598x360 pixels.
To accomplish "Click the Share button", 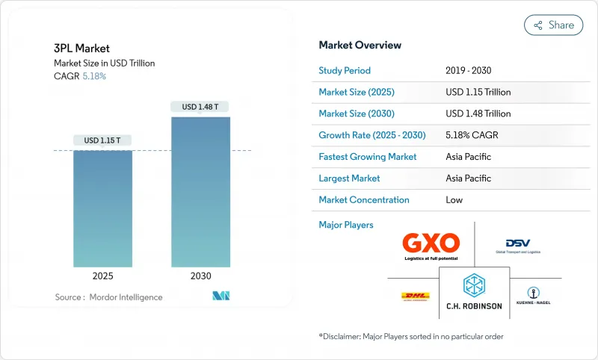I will point(553,25).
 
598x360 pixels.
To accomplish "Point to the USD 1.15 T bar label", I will point(102,140).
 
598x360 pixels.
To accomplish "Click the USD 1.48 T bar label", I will point(200,107).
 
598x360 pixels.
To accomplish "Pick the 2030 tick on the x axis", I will point(200,276).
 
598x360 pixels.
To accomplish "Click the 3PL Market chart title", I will point(81,49).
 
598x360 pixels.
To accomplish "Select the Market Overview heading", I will point(360,45).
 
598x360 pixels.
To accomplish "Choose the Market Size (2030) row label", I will point(357,114).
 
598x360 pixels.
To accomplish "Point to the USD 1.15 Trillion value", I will point(478,92).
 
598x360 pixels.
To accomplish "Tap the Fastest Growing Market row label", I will point(368,157).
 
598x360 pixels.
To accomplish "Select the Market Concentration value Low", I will point(454,199).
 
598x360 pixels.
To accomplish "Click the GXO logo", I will point(431,244).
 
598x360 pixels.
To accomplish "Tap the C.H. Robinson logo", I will point(474,292).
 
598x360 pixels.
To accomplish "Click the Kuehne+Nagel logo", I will point(533,295).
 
